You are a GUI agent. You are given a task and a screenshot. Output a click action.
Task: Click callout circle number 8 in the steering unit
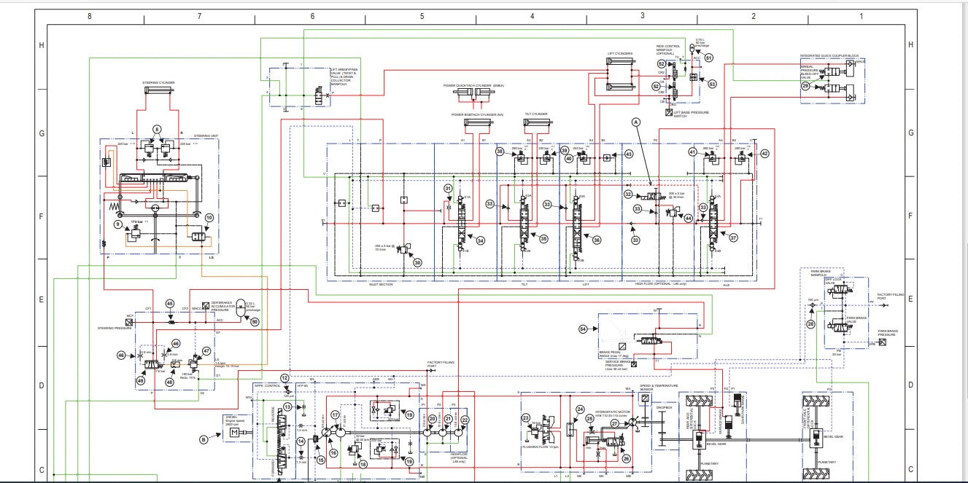pos(156,129)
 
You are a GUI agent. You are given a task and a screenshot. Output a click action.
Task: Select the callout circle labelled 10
pos(209,218)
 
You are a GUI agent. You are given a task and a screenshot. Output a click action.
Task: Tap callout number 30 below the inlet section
pos(417,262)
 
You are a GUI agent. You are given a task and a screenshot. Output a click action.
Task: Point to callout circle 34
pos(481,240)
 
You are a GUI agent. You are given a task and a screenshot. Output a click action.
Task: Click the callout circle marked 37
pos(733,237)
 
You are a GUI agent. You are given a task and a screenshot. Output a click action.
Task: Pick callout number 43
pos(628,154)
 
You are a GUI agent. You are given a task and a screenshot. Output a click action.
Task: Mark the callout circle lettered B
pos(204,439)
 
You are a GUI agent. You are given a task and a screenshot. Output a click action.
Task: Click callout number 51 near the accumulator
pos(708,57)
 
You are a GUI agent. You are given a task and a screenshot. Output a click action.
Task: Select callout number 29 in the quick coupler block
pos(805,86)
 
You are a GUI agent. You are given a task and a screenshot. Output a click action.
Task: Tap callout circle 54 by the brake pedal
pos(583,329)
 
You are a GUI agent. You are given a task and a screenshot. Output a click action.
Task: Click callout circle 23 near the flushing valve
pos(525,417)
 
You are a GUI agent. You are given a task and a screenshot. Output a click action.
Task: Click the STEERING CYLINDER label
pos(158,82)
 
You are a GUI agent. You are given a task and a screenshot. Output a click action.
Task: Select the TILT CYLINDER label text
pos(535,114)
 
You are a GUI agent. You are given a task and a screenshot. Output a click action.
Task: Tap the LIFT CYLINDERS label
pos(620,53)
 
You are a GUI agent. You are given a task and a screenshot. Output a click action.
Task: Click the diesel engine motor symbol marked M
pos(235,433)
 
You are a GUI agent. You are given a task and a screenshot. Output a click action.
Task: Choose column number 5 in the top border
pos(422,15)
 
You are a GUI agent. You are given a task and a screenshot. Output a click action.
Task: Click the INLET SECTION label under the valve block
pos(381,284)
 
